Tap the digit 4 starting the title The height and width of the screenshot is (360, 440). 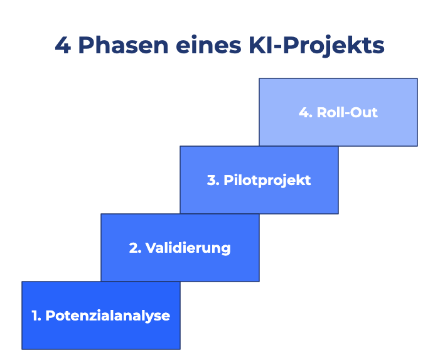[62, 46]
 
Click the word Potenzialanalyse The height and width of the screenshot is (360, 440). [108, 315]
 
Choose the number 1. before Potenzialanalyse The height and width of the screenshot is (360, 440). [36, 315]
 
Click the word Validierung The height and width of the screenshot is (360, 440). [188, 248]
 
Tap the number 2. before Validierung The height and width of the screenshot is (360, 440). [135, 248]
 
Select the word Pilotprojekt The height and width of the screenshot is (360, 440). [267, 180]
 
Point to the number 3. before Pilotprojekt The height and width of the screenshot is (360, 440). [213, 180]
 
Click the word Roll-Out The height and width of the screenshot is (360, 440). [347, 113]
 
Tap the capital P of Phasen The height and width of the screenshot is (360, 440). [87, 46]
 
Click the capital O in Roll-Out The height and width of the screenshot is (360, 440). [357, 113]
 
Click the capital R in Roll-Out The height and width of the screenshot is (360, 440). [321, 113]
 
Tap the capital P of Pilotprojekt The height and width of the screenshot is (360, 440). [228, 180]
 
